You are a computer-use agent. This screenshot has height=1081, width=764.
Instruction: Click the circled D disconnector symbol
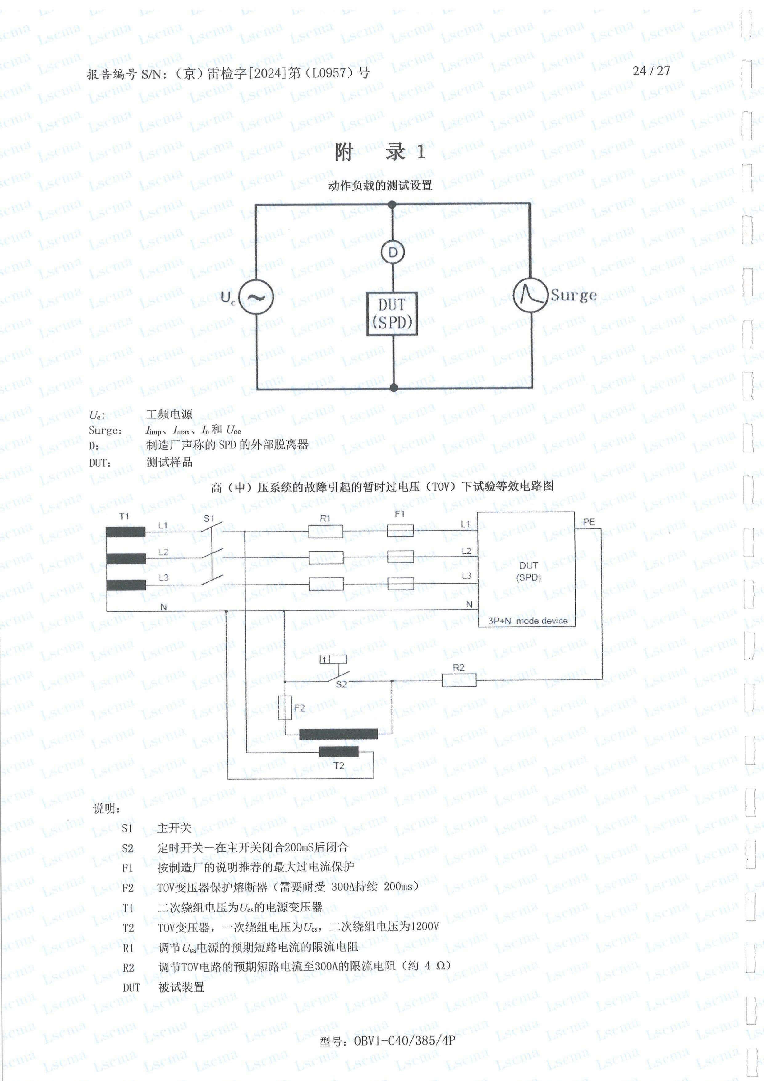click(x=392, y=253)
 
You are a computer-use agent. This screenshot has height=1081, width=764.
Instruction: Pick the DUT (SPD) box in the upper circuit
click(x=392, y=313)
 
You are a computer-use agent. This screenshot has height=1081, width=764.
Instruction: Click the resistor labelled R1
click(x=325, y=532)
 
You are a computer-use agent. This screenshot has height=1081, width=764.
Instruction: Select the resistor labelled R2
click(x=459, y=680)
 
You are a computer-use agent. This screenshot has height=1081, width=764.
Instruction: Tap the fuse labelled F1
click(x=400, y=531)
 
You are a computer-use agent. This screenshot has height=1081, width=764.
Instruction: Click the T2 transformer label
click(x=339, y=766)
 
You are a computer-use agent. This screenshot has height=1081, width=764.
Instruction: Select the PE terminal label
click(x=588, y=522)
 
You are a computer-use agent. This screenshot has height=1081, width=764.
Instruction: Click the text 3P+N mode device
click(x=528, y=621)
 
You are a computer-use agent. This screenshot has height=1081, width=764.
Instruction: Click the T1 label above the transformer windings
click(x=124, y=516)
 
